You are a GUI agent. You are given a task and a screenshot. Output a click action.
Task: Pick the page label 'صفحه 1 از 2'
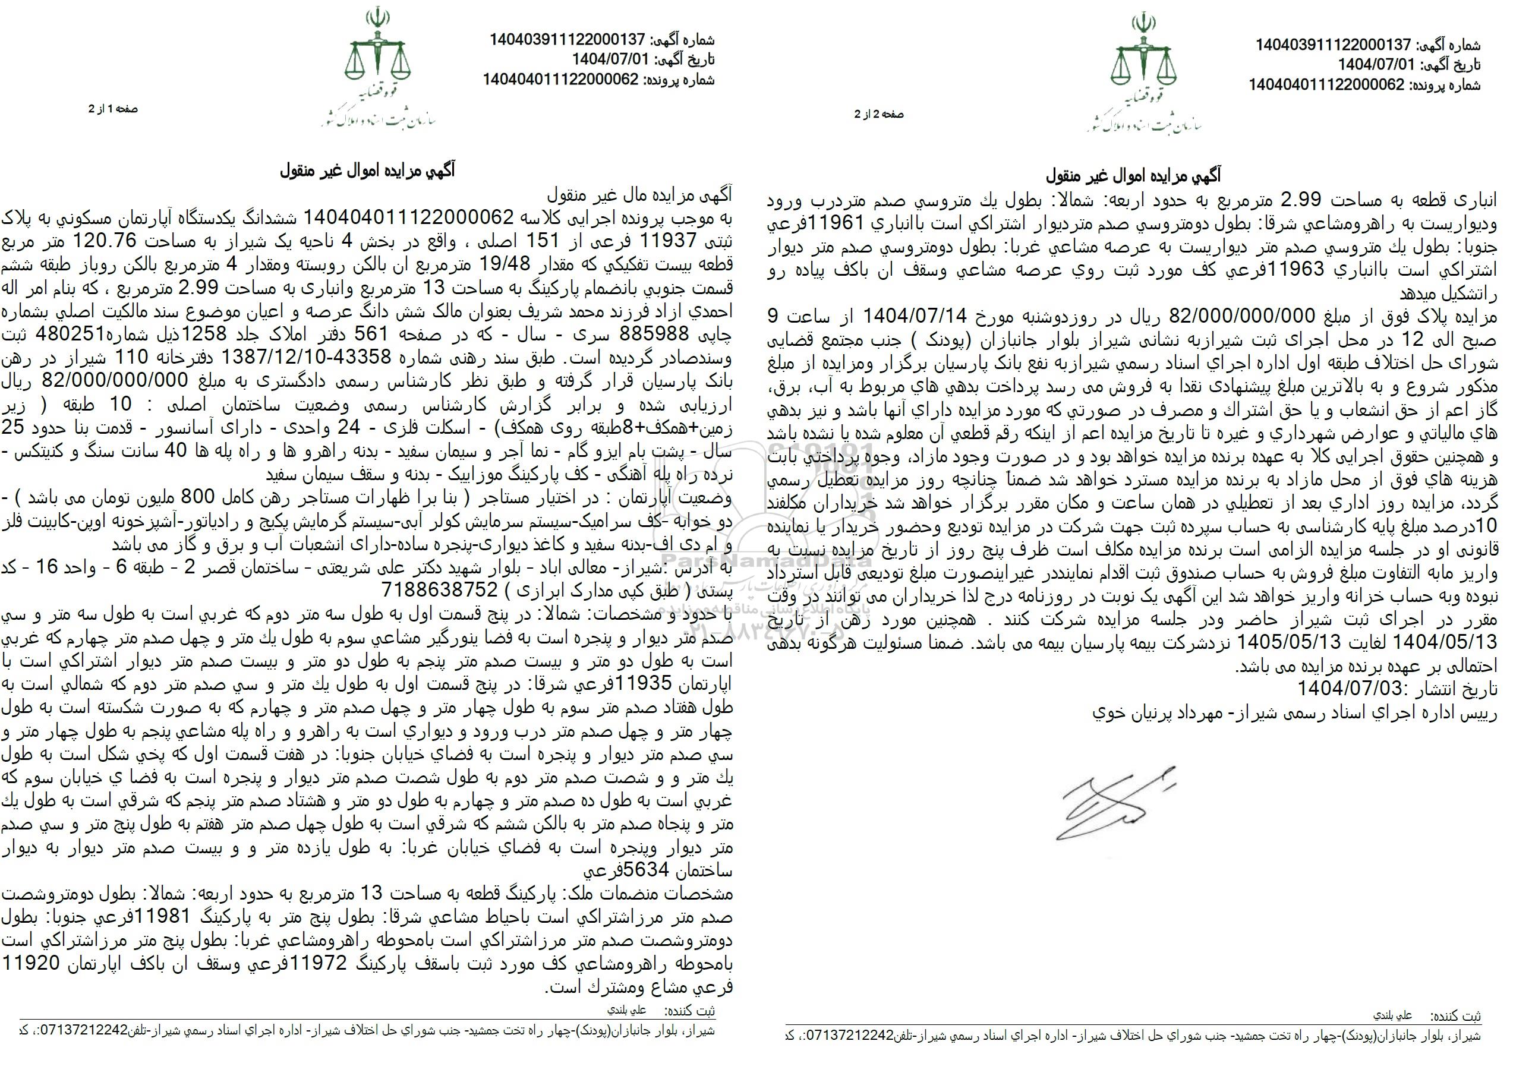(x=114, y=109)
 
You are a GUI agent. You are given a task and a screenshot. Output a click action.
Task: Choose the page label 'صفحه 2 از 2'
(x=880, y=114)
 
